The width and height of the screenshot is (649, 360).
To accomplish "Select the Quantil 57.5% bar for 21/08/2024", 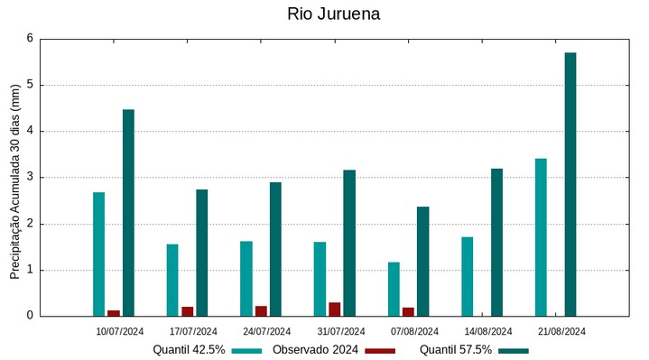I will pyautogui.click(x=570, y=184).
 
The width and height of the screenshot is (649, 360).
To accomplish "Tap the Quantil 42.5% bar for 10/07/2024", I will pyautogui.click(x=98, y=254).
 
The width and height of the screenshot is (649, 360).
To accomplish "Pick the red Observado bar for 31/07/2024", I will pyautogui.click(x=335, y=309).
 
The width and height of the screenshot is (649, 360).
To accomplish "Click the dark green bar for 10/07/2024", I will pyautogui.click(x=128, y=213).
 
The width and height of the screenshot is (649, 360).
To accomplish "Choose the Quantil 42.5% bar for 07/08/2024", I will pyautogui.click(x=394, y=289).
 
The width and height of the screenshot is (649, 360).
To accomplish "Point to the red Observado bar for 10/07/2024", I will pyautogui.click(x=114, y=313).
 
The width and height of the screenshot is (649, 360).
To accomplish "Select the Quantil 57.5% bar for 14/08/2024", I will pyautogui.click(x=496, y=242).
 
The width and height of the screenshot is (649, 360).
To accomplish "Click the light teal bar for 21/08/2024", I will pyautogui.click(x=541, y=237).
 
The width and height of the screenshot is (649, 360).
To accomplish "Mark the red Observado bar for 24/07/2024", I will pyautogui.click(x=261, y=311).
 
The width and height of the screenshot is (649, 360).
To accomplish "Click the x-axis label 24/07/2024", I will pyautogui.click(x=267, y=331).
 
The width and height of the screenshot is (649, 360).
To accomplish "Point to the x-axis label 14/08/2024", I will pyautogui.click(x=488, y=331).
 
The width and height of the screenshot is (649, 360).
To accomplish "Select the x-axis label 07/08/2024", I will pyautogui.click(x=414, y=331).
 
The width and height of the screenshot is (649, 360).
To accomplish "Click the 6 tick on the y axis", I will pyautogui.click(x=30, y=39).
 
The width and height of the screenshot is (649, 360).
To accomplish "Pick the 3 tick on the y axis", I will pyautogui.click(x=30, y=178).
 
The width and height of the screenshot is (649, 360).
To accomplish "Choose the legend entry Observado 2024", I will pyautogui.click(x=315, y=349).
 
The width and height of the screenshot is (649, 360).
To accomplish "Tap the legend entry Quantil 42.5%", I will pyautogui.click(x=189, y=349).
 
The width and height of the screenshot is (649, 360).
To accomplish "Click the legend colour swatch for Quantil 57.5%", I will pyautogui.click(x=512, y=350).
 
